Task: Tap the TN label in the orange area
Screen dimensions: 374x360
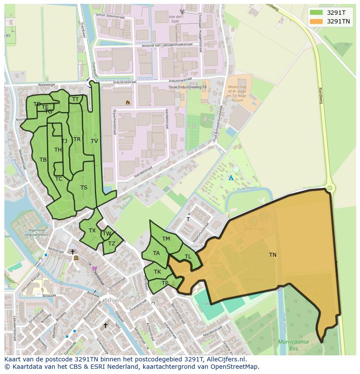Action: pos(273,255)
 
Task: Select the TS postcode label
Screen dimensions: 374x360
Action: pos(84,188)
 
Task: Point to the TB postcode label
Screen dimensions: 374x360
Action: pos(43,160)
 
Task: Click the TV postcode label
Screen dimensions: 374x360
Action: pos(94,141)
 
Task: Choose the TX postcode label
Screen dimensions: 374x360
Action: pos(92,231)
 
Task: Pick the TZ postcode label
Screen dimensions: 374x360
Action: pos(112,244)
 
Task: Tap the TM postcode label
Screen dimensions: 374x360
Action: pos(166,239)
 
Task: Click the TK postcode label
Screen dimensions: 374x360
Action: pos(157,272)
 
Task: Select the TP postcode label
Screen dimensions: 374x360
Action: pos(165,283)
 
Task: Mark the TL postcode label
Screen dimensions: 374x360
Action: pos(188,257)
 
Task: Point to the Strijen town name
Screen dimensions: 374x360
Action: pos(112,301)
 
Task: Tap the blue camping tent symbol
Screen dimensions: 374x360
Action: pos(231,178)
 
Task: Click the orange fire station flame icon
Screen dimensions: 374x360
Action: pos(127,103)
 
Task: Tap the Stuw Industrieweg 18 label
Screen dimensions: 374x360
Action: pos(187,87)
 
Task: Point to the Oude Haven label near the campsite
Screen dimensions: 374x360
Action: pos(247,189)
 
